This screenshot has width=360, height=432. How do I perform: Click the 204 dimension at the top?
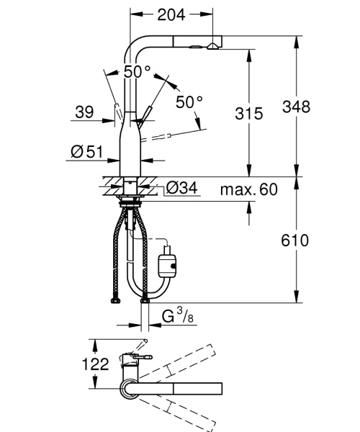coord(171,14)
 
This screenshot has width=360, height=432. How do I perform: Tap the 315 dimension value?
coord(248,112)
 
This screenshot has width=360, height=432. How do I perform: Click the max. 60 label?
coord(249,189)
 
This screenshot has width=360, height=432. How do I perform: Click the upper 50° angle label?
coord(137,72)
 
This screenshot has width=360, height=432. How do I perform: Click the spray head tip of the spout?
coord(214,45)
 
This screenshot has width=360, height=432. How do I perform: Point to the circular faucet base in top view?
coord(127,390)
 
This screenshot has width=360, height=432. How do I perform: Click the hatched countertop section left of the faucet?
coord(109,185)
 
